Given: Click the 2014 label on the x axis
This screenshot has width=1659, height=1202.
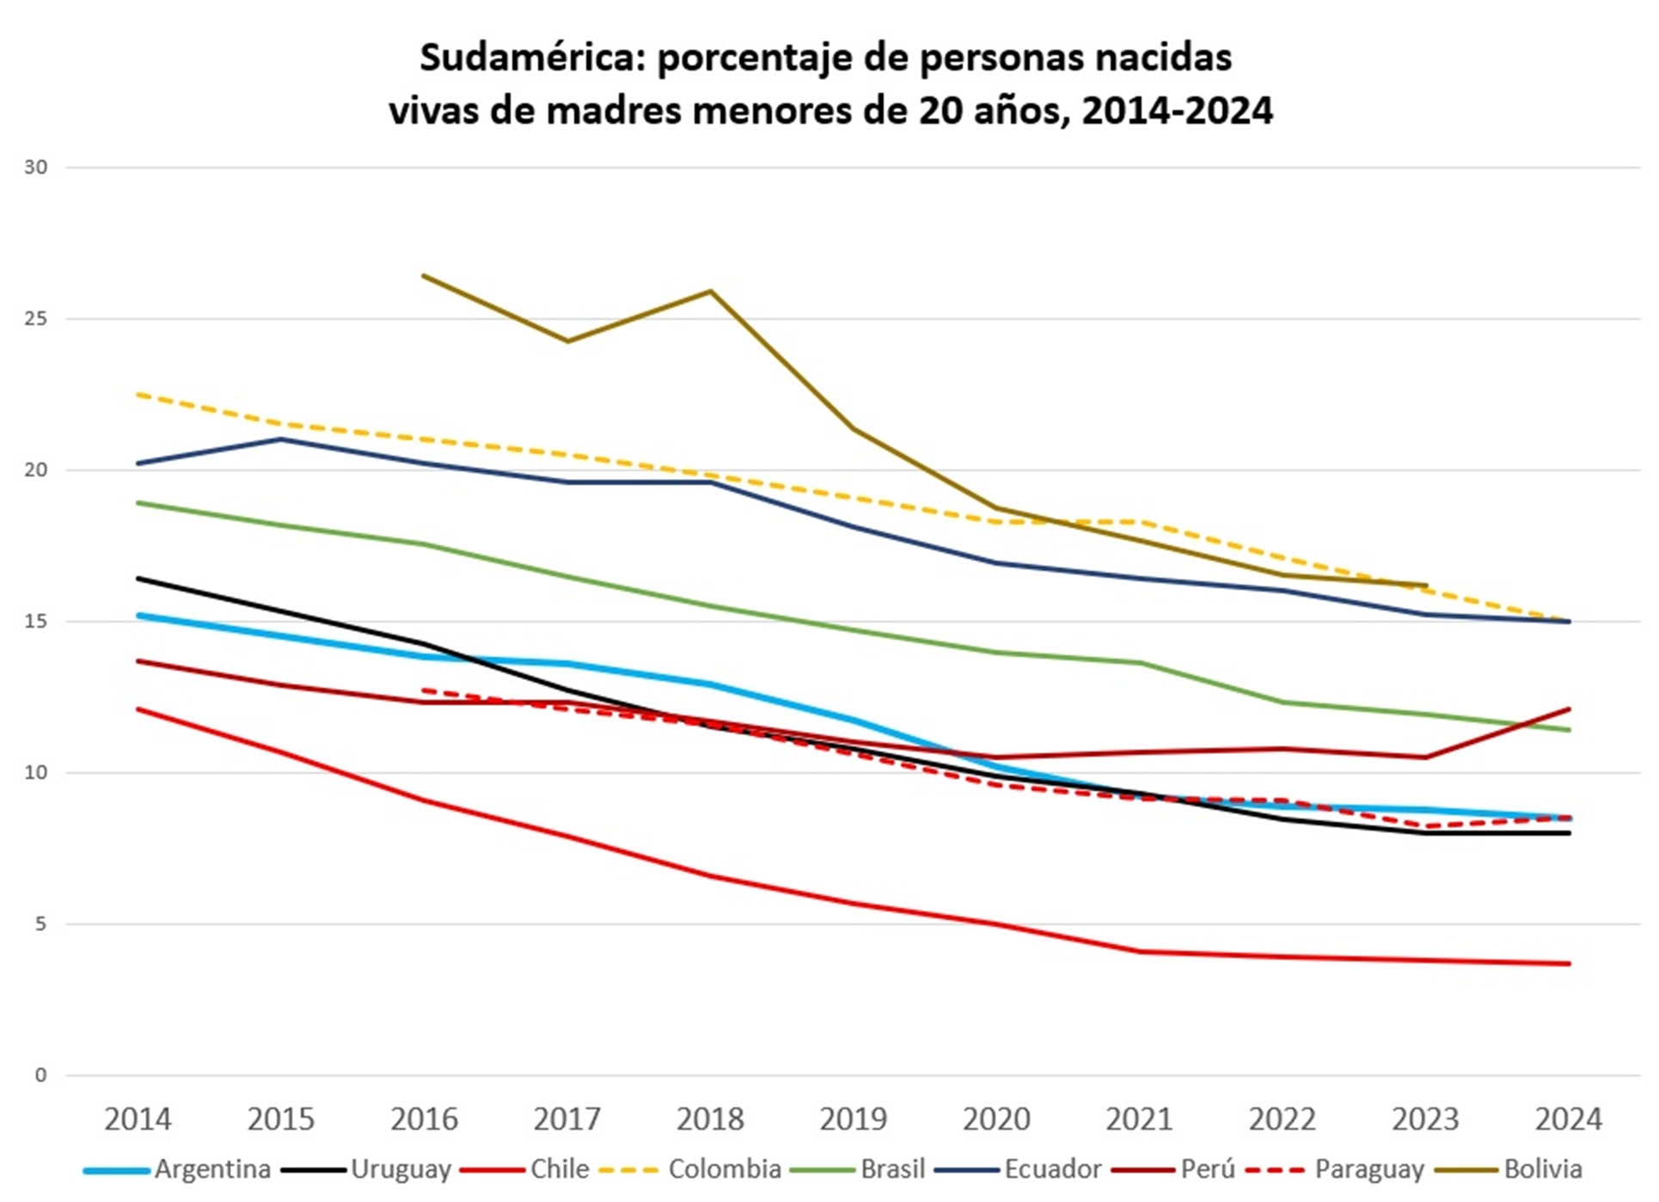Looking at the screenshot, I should point(138,1119).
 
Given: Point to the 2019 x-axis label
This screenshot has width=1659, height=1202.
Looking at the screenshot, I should point(853,1119).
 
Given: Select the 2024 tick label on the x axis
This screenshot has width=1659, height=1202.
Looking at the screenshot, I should point(1569,1119).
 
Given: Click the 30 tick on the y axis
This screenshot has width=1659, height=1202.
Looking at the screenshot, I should point(35,168).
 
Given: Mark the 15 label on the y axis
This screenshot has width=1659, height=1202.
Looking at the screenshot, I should point(35,622).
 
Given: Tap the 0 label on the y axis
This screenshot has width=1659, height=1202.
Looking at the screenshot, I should point(40,1076).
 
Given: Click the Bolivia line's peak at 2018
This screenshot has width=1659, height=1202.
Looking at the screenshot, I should point(711,291).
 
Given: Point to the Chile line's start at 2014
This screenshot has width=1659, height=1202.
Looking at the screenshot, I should point(138,709).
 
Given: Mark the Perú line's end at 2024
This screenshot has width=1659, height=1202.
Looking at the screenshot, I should point(1569,709).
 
